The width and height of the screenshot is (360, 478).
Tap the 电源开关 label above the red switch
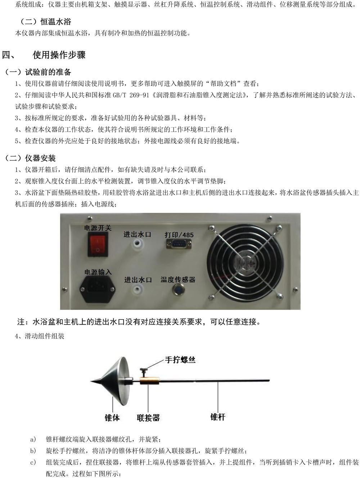pyautogui.click(x=98, y=228)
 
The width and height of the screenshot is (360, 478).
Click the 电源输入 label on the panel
pyautogui.click(x=98, y=272)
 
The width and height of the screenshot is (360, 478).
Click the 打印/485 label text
pyautogui.click(x=179, y=235)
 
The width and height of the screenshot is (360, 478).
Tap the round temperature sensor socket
pyautogui.click(x=178, y=289)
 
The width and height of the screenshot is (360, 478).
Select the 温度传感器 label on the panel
pyautogui.click(x=178, y=280)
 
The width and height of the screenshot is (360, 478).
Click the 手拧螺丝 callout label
pyautogui.click(x=180, y=359)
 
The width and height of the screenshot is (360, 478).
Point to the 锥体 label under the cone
pyautogui.click(x=112, y=417)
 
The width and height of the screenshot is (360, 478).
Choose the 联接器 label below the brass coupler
pyautogui.click(x=148, y=418)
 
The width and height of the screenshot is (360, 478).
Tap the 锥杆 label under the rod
pyautogui.click(x=218, y=417)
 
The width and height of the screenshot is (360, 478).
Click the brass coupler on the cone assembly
pyautogui.click(x=149, y=380)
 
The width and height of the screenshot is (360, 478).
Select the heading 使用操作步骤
pyautogui.click(x=59, y=55)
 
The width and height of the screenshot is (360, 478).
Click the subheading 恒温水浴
pyautogui.click(x=55, y=22)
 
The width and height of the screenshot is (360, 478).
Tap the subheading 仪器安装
pyautogui.click(x=40, y=158)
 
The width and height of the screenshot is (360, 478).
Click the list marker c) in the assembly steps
pyautogui.click(x=33, y=462)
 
